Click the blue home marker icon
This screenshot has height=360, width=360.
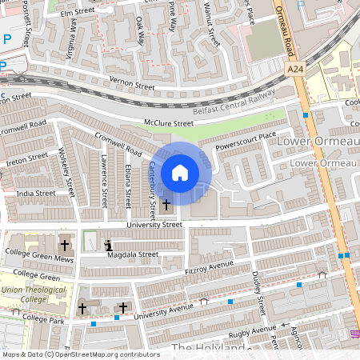(180, 173)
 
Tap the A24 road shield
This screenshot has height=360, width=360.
(295, 70)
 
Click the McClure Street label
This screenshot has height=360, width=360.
(169, 123)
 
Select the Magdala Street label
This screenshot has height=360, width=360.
(132, 254)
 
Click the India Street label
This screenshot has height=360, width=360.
(36, 193)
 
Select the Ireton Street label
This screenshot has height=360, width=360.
(26, 161)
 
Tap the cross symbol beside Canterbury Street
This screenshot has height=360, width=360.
(166, 205)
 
